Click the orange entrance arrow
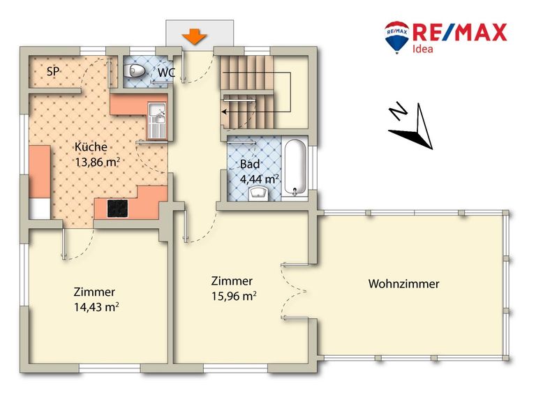[194, 36]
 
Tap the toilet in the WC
[134, 71]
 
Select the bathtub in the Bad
[295, 167]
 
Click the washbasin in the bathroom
[259, 193]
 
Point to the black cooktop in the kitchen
[117, 209]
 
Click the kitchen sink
[157, 121]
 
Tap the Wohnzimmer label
[403, 284]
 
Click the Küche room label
[91, 147]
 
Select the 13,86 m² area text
[97, 162]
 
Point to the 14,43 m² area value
[96, 307]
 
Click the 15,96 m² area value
[234, 296]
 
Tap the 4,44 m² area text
[260, 179]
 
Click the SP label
[53, 72]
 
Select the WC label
[167, 73]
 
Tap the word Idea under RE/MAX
[423, 49]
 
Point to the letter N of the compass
[398, 110]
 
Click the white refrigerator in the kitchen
[40, 209]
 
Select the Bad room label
[250, 164]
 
